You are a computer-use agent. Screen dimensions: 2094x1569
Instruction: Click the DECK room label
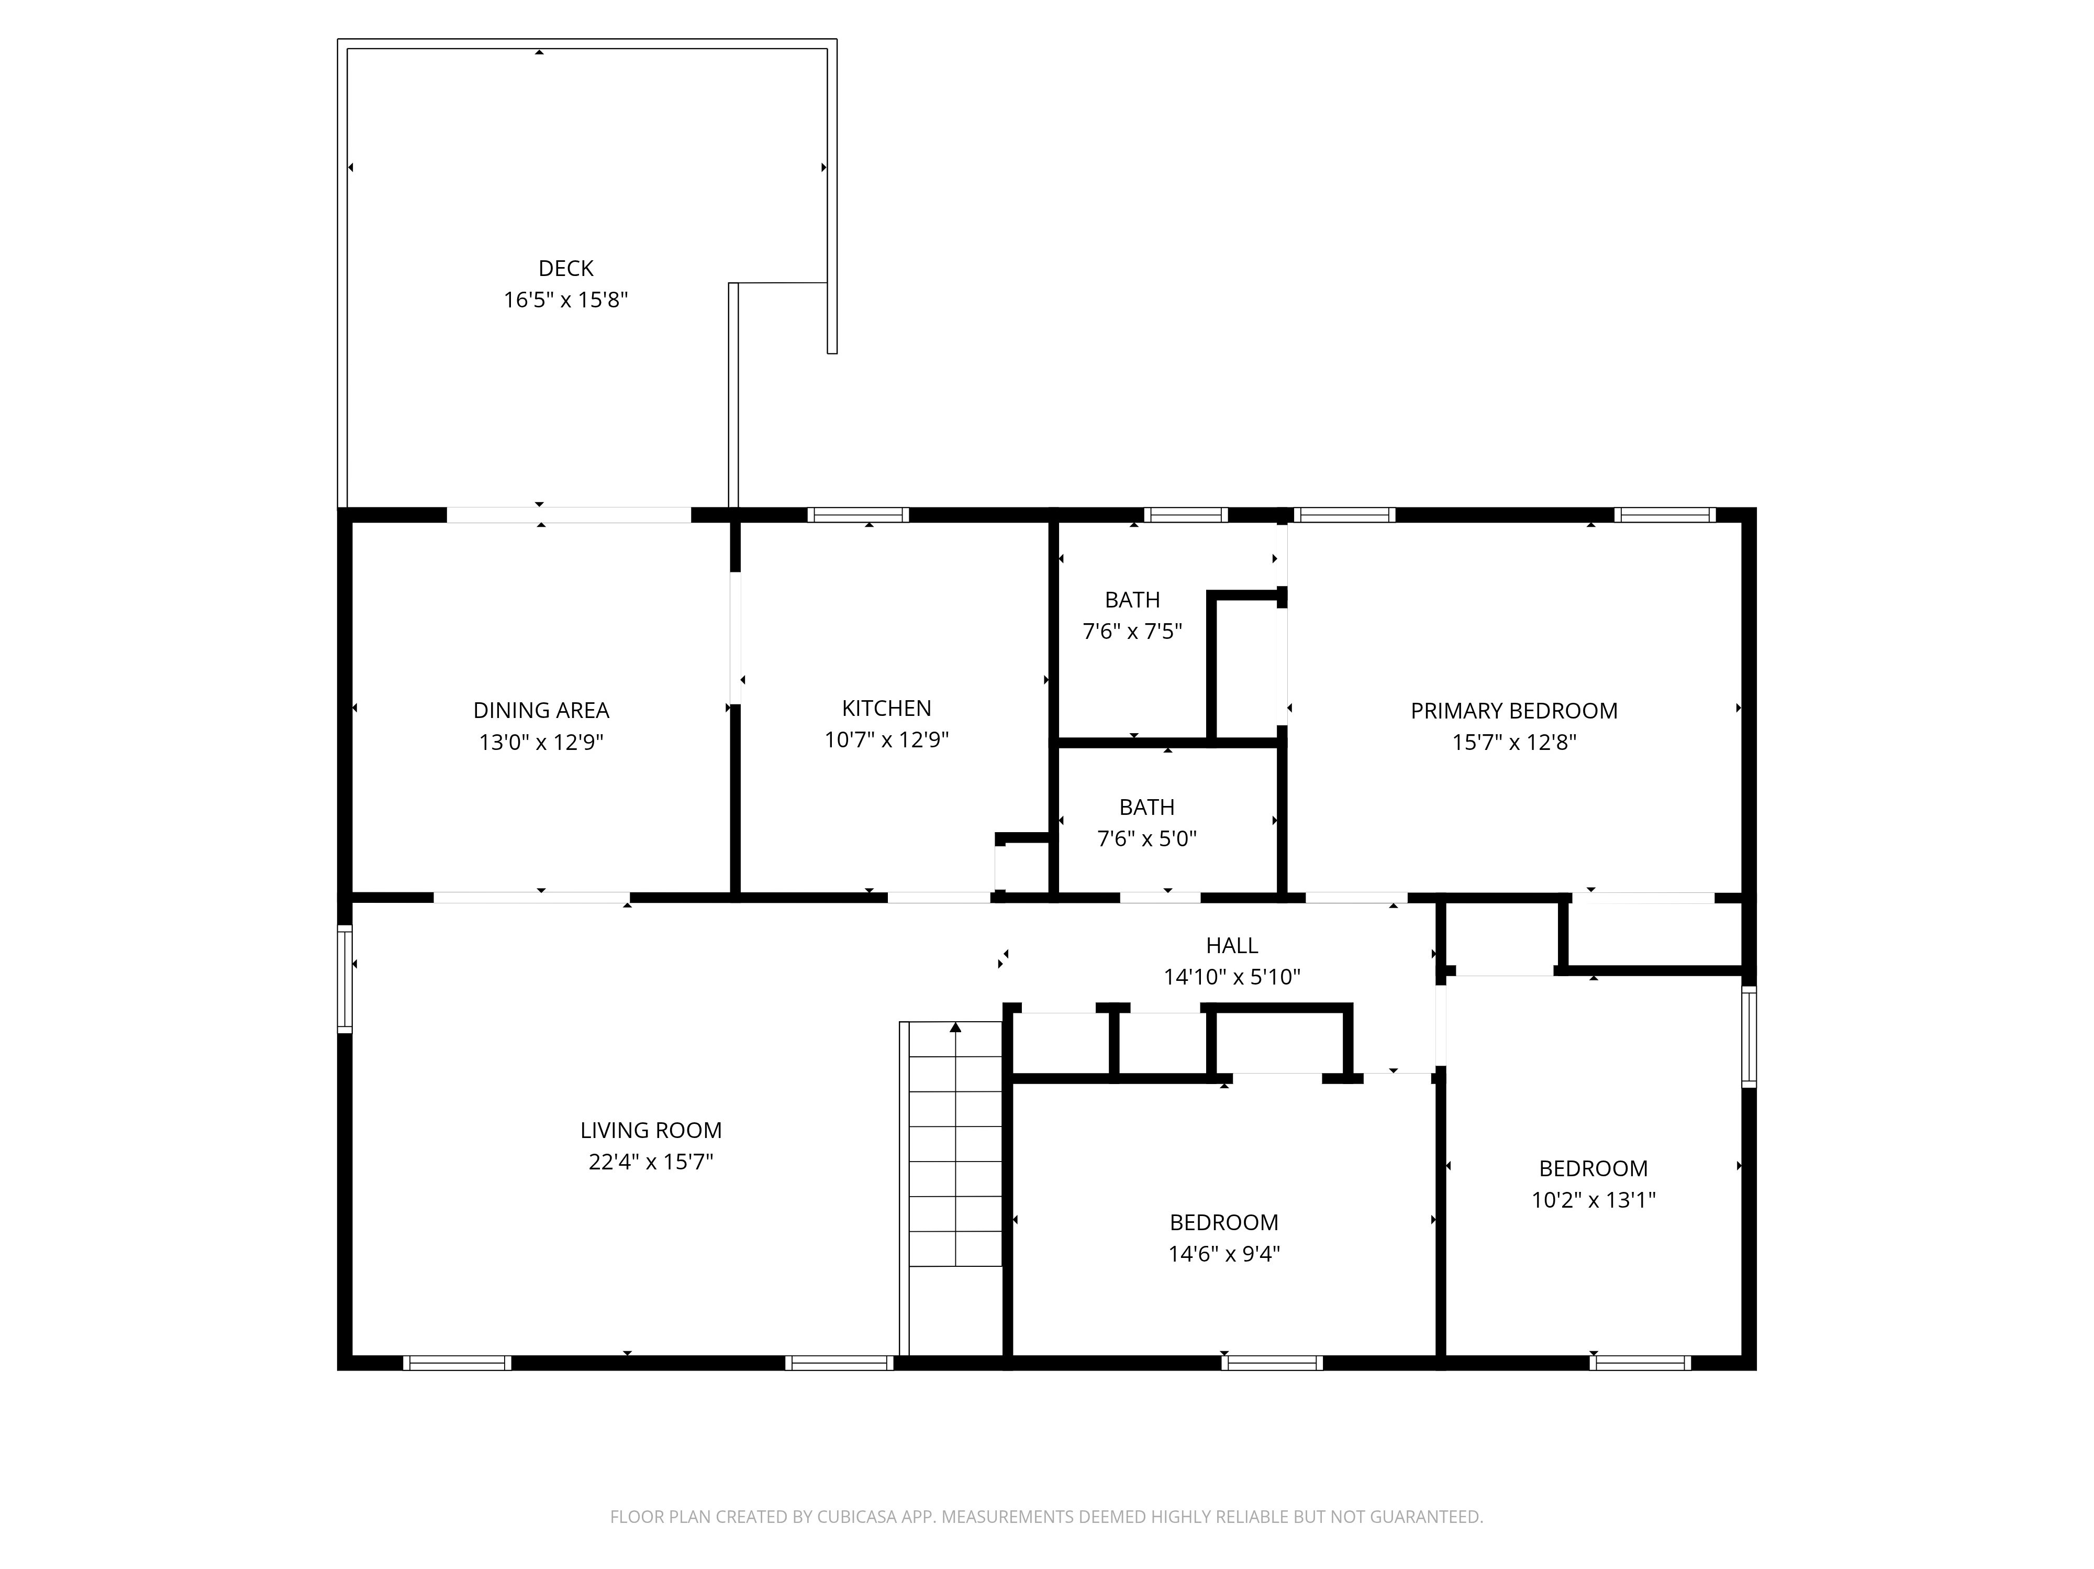coord(566,269)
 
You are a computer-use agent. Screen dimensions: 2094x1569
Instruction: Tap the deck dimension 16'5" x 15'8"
coord(566,300)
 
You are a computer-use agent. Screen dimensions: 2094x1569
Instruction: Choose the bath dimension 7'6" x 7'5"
coord(1133,632)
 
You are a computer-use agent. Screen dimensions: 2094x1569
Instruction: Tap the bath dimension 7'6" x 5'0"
coord(1148,839)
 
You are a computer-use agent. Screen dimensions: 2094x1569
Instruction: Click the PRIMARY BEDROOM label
coord(1514,711)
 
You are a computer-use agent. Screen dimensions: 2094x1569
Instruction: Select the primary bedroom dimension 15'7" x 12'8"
coord(1514,743)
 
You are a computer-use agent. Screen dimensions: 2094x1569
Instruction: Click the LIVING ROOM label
coord(651,1131)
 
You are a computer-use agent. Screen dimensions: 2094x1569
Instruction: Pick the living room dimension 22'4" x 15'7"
coord(651,1162)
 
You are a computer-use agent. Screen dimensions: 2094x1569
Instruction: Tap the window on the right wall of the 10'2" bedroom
coord(1750,1037)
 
